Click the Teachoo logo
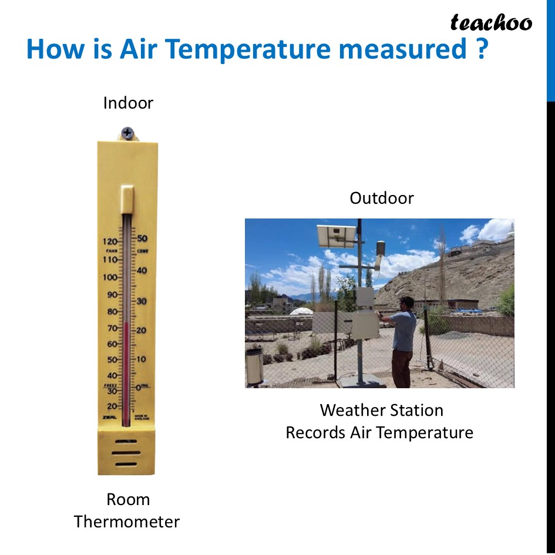(x=491, y=23)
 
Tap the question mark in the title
(x=479, y=49)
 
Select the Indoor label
(x=128, y=103)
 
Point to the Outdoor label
(x=382, y=198)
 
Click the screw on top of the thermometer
(x=127, y=133)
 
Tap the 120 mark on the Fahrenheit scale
(x=110, y=241)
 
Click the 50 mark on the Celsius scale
(x=142, y=238)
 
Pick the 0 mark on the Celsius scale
(x=139, y=387)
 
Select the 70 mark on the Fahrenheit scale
(x=110, y=328)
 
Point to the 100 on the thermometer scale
(x=110, y=277)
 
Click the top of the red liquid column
(x=126, y=323)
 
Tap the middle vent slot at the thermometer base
(x=127, y=453)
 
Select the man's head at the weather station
(x=404, y=304)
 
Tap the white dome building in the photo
(x=301, y=312)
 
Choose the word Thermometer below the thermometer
(x=127, y=522)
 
